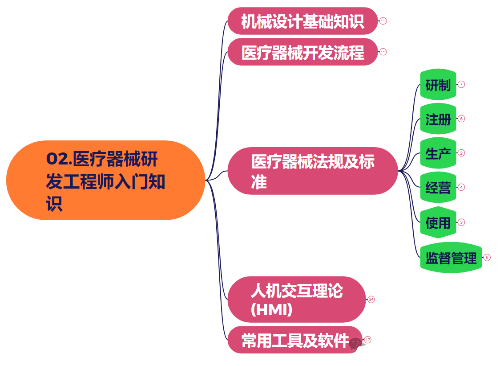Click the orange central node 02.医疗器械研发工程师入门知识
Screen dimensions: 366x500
tap(105, 180)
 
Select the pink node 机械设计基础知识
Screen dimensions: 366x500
tap(302, 21)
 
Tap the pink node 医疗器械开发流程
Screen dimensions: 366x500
tap(302, 52)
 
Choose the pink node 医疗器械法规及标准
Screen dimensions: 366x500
tap(312, 171)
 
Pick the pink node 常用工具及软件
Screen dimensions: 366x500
tap(294, 340)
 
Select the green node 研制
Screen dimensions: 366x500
tap(438, 84)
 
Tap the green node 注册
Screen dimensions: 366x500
tap(438, 119)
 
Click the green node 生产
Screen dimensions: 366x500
tap(438, 153)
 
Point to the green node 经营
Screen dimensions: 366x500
tap(438, 188)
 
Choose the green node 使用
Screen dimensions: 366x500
tap(438, 222)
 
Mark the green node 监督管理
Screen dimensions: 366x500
tap(451, 258)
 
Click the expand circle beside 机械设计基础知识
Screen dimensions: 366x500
tap(383, 21)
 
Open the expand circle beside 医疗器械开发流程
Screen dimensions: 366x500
tap(383, 52)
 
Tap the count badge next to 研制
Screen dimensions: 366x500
tap(461, 84)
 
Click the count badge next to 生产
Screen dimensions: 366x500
tap(461, 153)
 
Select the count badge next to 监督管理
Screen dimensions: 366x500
tap(487, 257)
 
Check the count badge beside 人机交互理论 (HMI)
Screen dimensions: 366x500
tap(371, 299)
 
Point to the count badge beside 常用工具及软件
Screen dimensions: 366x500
tap(367, 340)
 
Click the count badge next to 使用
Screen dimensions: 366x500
tap(461, 222)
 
